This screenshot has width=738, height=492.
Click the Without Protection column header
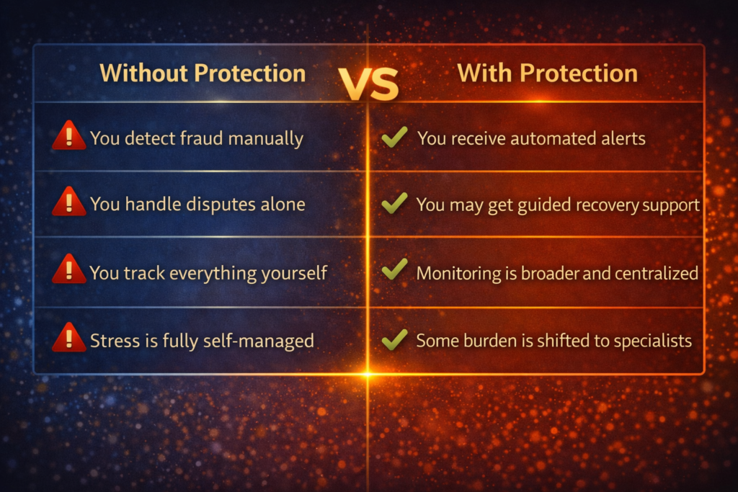pyautogui.click(x=203, y=73)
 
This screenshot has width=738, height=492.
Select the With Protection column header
pyautogui.click(x=548, y=73)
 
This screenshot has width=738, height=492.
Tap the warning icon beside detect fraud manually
pyautogui.click(x=69, y=136)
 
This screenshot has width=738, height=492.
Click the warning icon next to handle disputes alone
pyautogui.click(x=69, y=202)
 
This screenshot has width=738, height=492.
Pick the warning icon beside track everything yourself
pyautogui.click(x=69, y=270)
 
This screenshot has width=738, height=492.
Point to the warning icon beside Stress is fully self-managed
pyautogui.click(x=69, y=337)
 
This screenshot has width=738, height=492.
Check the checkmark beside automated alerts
pyautogui.click(x=394, y=136)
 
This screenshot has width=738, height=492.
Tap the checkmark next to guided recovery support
pyautogui.click(x=394, y=203)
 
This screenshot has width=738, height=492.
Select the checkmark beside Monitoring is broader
pyautogui.click(x=394, y=270)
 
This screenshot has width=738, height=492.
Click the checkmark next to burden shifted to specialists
pyautogui.click(x=394, y=338)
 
